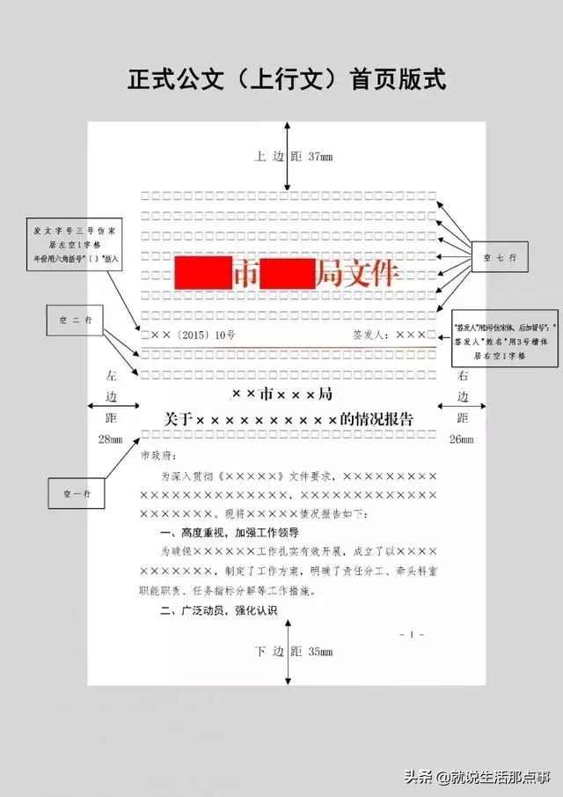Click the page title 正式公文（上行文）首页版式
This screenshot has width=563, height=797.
click(287, 80)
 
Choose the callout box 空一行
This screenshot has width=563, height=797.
click(76, 493)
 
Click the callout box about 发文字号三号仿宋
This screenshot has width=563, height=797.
click(76, 244)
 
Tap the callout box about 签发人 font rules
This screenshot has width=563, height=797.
click(500, 340)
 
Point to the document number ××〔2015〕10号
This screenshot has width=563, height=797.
click(188, 335)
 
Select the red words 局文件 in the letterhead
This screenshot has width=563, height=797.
click(356, 274)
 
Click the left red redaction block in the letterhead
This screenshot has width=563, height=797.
click(202, 274)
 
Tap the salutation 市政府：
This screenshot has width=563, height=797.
click(158, 455)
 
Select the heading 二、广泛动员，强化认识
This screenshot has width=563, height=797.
click(218, 610)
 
